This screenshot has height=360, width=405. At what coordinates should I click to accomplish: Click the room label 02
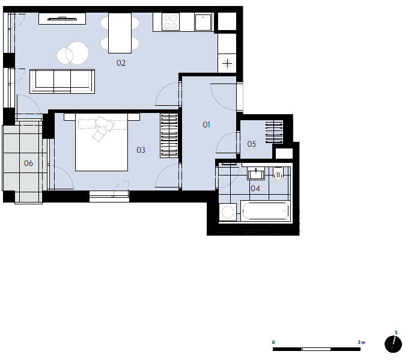point(121,63)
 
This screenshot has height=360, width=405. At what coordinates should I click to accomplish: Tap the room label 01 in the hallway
point(206,125)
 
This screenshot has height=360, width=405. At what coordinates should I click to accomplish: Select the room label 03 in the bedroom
point(141,150)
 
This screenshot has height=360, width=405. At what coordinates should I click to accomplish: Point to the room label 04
point(255,188)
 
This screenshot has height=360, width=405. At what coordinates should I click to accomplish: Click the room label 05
point(252,144)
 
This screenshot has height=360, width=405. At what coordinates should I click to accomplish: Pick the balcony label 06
point(28,163)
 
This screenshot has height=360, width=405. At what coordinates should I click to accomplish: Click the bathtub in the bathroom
point(266,211)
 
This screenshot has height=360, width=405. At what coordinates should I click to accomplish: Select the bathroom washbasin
point(256,173)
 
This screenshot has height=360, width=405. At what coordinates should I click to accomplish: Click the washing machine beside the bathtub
point(228,212)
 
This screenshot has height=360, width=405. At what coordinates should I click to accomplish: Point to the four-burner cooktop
point(171,22)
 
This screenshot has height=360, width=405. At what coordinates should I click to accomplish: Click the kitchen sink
point(203,22)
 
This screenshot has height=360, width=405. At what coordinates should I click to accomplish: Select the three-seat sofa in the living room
point(62,81)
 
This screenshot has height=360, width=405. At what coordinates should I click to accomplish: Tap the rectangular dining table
point(120,33)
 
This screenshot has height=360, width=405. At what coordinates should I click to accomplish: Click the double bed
point(102,142)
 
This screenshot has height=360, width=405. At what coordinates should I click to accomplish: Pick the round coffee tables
point(73,53)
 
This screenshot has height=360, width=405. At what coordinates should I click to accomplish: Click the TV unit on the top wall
point(62,19)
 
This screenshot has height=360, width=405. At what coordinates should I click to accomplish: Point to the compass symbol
point(393,344)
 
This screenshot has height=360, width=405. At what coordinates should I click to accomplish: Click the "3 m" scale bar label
point(361,342)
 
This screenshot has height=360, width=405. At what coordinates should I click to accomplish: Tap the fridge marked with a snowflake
point(227,63)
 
